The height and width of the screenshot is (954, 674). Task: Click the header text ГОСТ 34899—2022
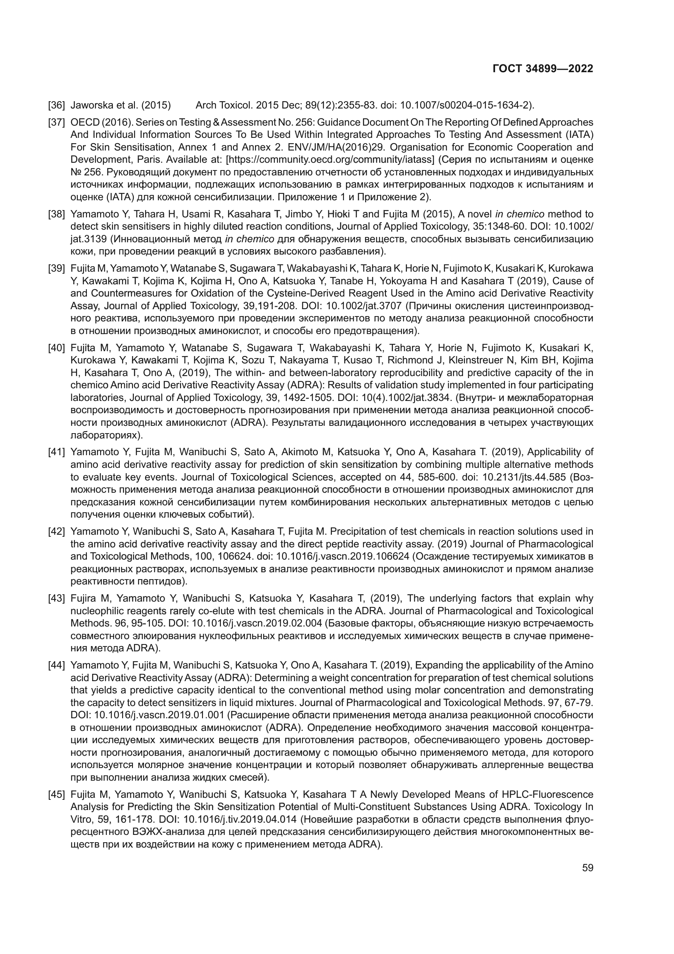542,69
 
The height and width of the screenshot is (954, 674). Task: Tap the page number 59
587,868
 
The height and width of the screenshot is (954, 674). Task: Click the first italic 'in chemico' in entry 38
520,215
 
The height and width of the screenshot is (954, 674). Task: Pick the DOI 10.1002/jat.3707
364,306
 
